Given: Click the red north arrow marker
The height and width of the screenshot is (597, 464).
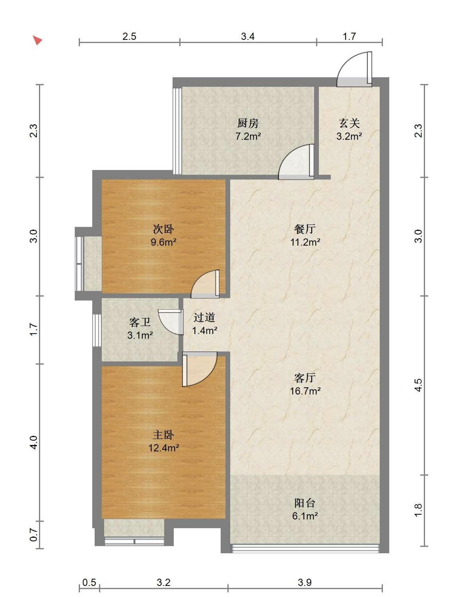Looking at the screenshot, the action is coord(37,40).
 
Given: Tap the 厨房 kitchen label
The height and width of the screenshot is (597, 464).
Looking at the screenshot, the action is coord(248,123).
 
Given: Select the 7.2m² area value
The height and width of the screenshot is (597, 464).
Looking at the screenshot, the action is coord(248,136).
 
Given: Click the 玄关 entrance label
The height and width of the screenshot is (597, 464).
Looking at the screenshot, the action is coord(349,123).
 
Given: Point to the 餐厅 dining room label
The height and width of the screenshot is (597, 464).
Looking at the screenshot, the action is coord(305,229).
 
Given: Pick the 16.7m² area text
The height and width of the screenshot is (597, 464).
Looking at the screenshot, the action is coord(305,391).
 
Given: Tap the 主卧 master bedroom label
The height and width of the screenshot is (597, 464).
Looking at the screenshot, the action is coord(163,435).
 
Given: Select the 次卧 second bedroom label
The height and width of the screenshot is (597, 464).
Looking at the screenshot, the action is coord(163,229).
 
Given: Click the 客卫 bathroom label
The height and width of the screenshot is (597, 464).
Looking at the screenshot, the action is coord(140,322).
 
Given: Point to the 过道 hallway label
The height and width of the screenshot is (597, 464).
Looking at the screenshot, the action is coord(204,317).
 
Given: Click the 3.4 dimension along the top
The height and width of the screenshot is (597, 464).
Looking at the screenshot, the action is coord(248,36).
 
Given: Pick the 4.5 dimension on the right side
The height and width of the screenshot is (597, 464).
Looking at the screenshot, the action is coord(418,385).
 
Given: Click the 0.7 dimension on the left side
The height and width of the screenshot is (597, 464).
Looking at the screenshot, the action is coord(33,535).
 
